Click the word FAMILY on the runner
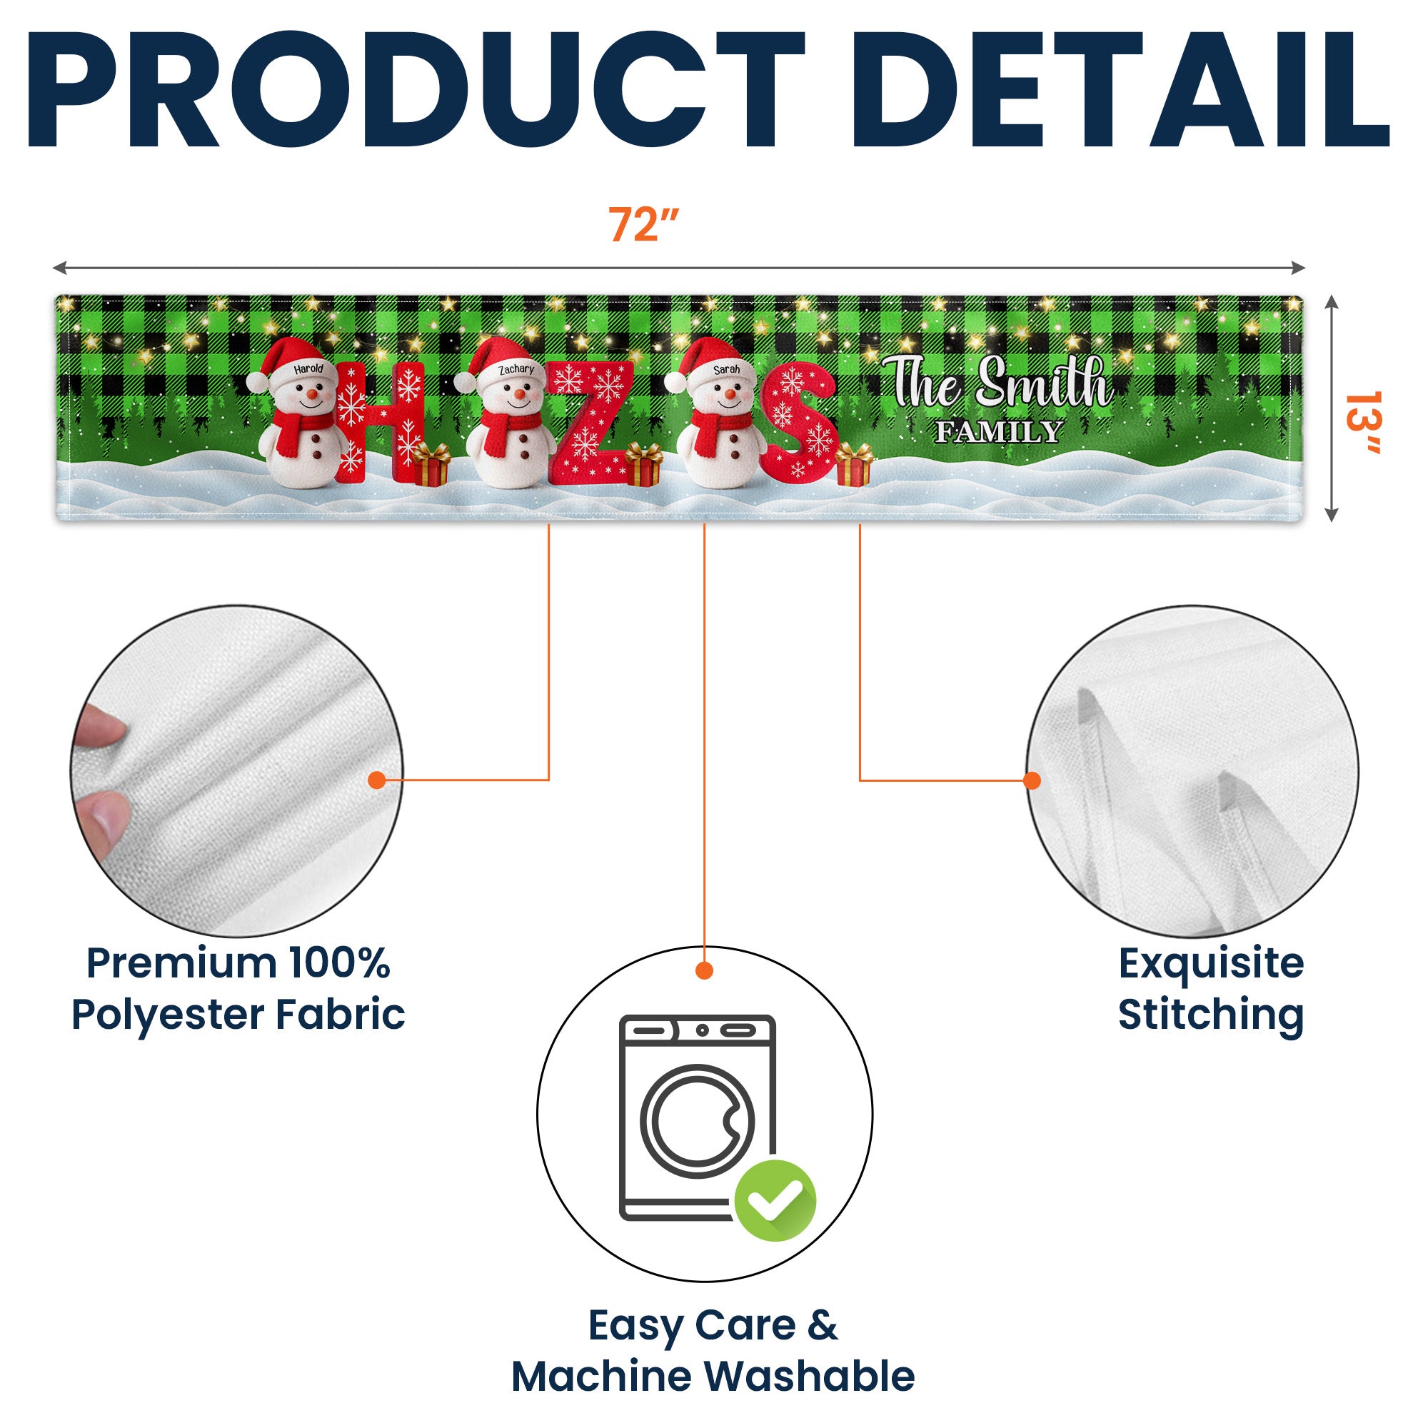tap(999, 432)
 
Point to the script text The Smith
tap(1002, 382)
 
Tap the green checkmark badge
tap(775, 1201)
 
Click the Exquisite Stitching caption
tap(1210, 988)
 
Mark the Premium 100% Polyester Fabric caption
tap(238, 988)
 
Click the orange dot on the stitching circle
tap(1032, 780)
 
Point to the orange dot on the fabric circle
tap(377, 780)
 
